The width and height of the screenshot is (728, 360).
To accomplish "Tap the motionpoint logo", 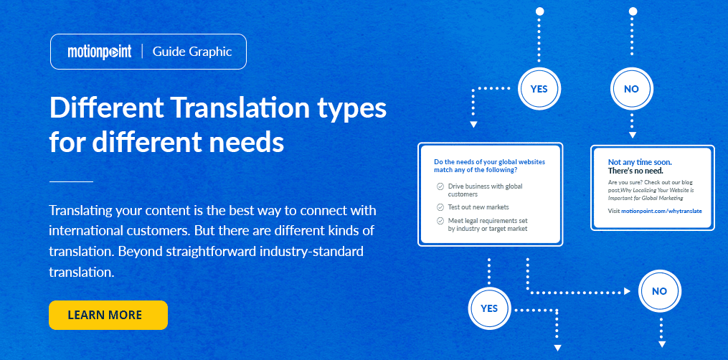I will coord(99,52).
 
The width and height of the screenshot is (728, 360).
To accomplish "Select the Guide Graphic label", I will coord(192,52).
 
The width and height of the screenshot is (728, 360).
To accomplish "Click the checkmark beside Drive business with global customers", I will coord(440,186).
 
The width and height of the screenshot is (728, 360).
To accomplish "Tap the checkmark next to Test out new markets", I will coord(440,207).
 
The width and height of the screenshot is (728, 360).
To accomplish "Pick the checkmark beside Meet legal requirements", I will coord(440,221).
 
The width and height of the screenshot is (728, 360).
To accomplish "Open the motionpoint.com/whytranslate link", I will coord(661,212).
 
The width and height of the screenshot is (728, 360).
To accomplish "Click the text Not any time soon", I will coord(640,163).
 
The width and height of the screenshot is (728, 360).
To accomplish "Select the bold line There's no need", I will coord(635,171).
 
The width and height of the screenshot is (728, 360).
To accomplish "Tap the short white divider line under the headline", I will coord(71,182).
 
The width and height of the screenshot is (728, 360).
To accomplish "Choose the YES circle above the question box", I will coord(539,90).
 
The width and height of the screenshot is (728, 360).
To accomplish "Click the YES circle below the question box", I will coord(489,309).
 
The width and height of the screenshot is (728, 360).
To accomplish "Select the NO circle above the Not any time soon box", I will coord(631,90).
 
